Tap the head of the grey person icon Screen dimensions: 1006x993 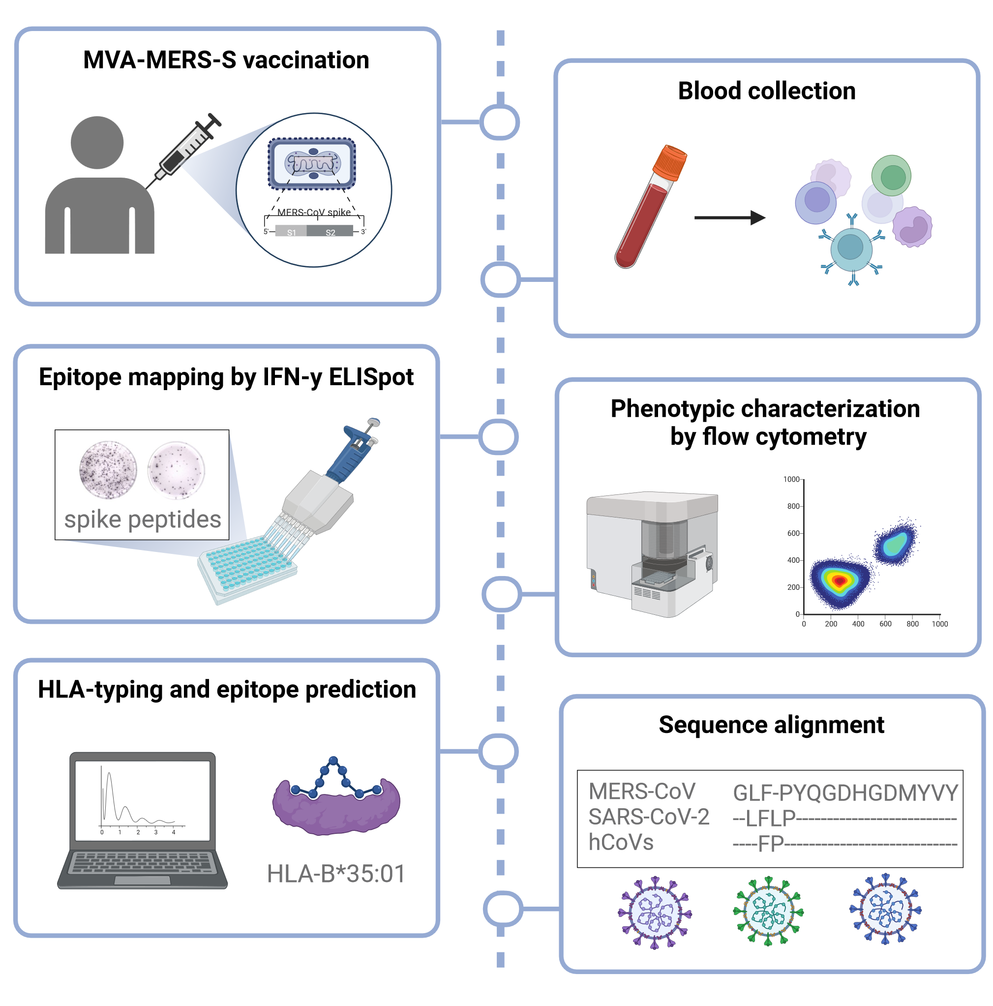tap(97, 142)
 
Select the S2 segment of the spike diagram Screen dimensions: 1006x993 tap(330, 232)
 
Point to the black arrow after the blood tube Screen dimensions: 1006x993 tap(728, 217)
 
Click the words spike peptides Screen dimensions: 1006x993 tap(142, 519)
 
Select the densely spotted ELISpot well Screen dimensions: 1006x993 tap(108, 469)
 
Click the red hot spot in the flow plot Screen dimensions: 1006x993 tap(839, 580)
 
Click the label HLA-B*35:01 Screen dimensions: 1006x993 tap(336, 873)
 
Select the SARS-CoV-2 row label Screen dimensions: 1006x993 tap(648, 817)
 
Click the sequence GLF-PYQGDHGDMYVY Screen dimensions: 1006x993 tap(844, 793)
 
